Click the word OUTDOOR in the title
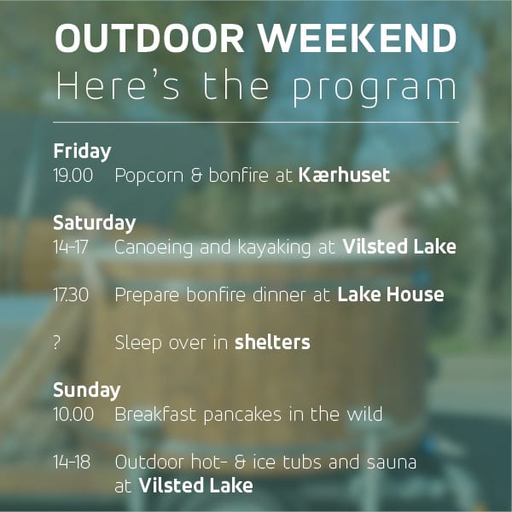coord(149,38)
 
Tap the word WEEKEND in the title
coord(358,38)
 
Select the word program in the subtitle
coord(375,87)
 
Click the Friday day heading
coord(82,152)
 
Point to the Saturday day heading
coord(95,224)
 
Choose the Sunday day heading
coord(87,391)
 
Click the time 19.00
coord(73,176)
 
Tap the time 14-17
coord(71,247)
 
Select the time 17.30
coord(71,295)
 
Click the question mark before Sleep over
coord(57,343)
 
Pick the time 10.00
coord(73,415)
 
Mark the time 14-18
coord(72,463)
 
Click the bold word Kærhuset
coord(344,175)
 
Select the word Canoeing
coord(154,247)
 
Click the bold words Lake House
coord(391,294)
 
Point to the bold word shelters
coord(272,342)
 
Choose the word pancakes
coord(242,416)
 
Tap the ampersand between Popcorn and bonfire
coord(196,176)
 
